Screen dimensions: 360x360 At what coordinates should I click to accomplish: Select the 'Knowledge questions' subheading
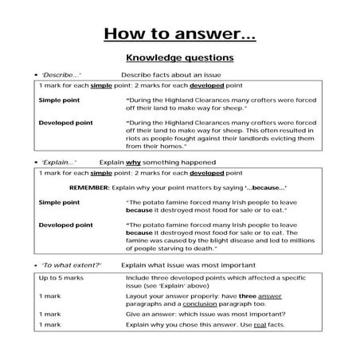point(179,57)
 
